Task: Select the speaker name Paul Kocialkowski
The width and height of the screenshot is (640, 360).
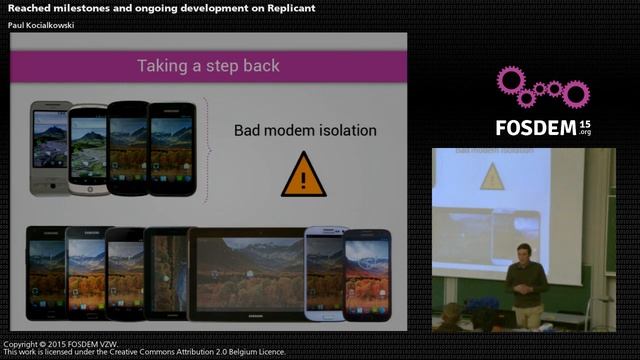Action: [x=41, y=24]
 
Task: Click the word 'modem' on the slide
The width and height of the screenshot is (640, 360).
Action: [x=299, y=130]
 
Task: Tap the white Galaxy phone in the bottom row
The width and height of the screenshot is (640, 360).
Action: [x=324, y=272]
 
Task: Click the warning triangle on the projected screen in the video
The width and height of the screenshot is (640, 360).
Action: [x=491, y=177]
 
